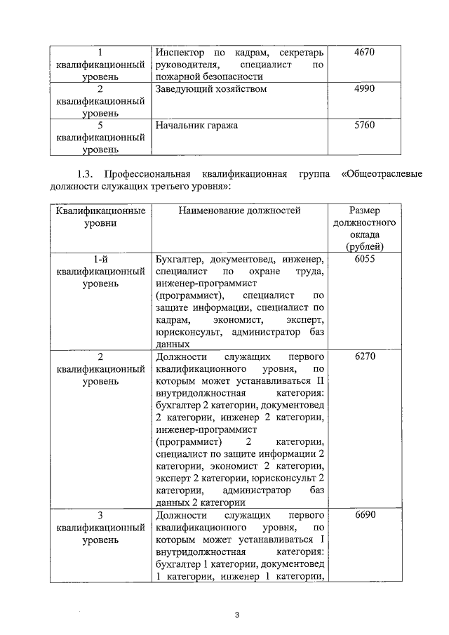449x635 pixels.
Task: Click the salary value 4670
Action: [366, 53]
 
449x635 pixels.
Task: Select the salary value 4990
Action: [366, 89]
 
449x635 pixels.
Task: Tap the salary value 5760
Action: [366, 126]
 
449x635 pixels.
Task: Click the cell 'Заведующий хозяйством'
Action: [211, 90]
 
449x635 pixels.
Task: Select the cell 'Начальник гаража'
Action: [196, 126]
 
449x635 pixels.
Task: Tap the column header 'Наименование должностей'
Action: [239, 210]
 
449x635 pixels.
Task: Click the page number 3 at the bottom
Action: [237, 615]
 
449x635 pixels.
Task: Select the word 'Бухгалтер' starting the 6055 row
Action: [178, 259]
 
